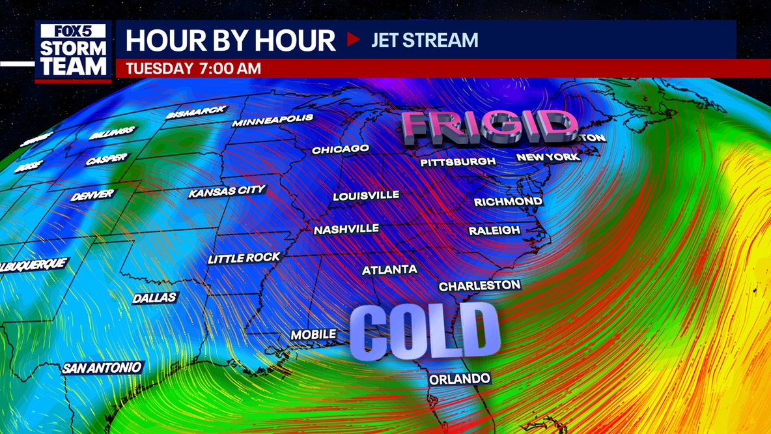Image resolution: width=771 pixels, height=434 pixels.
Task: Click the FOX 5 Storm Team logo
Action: coord(73,51)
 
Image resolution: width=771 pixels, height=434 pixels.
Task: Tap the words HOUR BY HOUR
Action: coord(231,40)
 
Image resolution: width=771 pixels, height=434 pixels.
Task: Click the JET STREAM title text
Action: coord(425,40)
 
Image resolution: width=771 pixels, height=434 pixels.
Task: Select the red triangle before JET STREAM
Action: coord(354,40)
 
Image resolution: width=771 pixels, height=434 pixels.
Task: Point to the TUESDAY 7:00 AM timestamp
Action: coord(193,68)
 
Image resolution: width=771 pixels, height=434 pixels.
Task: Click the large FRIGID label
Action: coord(488,126)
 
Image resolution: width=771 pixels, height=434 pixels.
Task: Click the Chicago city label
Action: coord(341,149)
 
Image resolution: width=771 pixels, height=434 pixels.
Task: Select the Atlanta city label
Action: coord(389,270)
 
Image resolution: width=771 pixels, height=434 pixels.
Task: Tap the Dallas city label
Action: coord(154,298)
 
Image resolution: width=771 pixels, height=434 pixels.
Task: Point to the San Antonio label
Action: coord(102,368)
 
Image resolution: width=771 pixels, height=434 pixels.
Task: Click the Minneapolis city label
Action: coord(273,121)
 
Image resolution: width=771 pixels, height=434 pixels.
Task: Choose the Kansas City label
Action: coord(227,192)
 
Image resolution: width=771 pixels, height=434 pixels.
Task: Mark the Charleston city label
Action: coord(479,285)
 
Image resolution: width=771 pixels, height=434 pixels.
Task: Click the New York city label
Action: coord(548,157)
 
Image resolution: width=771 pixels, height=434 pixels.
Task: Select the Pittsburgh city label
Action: coord(458,161)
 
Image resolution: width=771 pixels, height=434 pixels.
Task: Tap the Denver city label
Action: coord(92,195)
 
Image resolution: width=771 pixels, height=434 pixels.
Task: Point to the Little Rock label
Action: coord(244,258)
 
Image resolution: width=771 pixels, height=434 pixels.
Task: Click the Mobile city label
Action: coord(313,334)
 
